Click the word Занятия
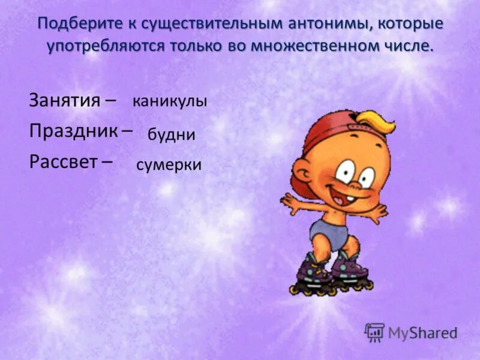tap(64, 100)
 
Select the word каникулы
tap(170, 101)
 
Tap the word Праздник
tap(73, 131)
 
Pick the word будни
tap(172, 134)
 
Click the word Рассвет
tap(64, 162)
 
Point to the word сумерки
tap(169, 166)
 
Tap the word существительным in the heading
tap(196, 25)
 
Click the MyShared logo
tap(410, 332)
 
